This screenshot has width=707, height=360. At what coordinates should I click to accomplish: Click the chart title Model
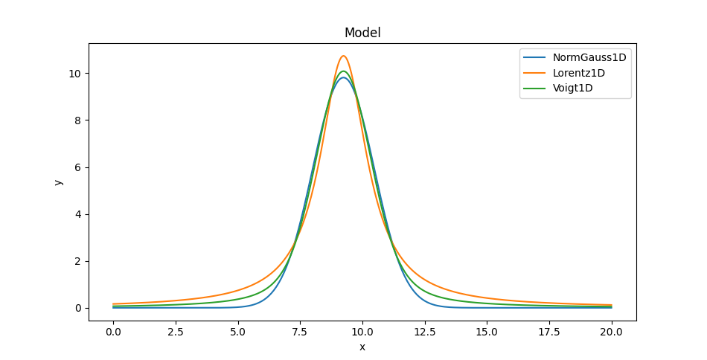(362, 33)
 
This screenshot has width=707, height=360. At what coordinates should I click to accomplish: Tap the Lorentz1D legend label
(578, 73)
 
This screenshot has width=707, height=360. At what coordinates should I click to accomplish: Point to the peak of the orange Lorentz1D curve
(343, 56)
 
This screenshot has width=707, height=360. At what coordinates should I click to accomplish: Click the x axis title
(362, 347)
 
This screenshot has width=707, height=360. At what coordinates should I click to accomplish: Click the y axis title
(58, 181)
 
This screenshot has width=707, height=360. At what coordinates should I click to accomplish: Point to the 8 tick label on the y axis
(77, 120)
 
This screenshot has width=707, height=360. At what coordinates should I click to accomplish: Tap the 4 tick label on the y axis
(77, 214)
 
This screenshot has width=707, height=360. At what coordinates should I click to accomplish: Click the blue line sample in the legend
(536, 57)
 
